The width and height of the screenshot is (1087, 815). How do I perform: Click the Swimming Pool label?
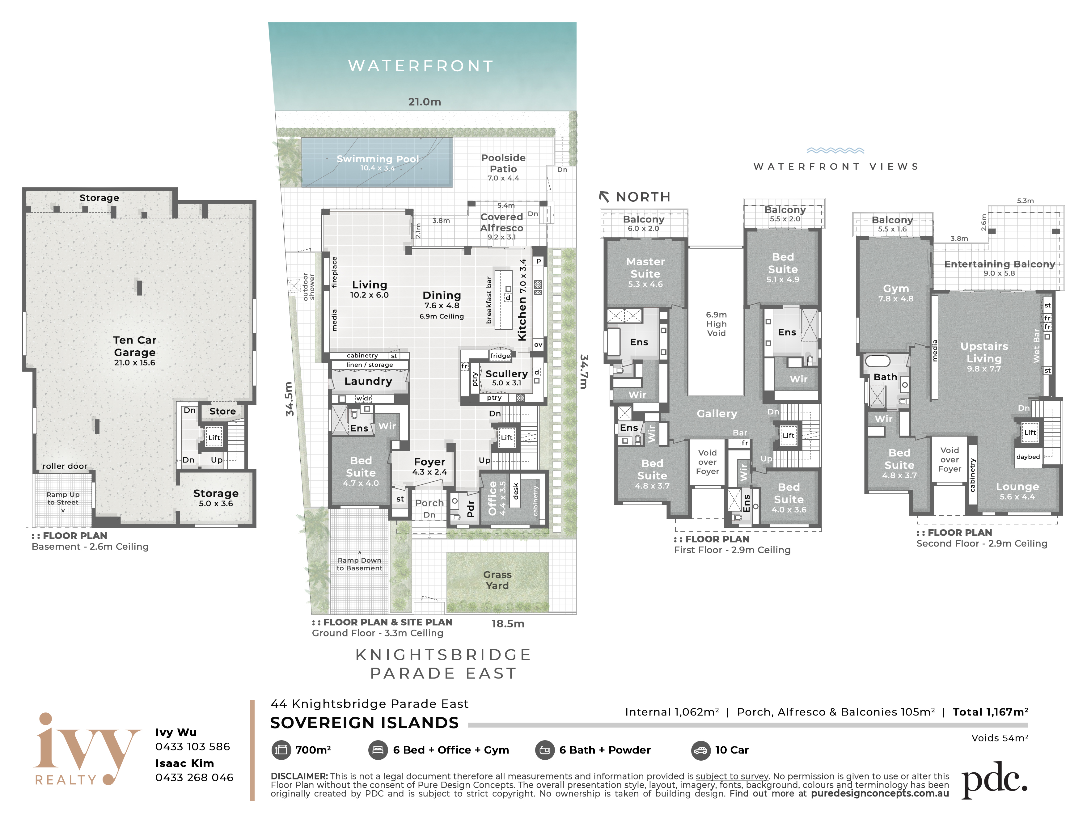pos(377,159)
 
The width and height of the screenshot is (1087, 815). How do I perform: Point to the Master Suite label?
pos(645,268)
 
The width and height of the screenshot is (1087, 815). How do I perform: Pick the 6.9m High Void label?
pos(716,324)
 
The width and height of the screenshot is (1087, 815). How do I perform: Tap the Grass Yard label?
pos(497,580)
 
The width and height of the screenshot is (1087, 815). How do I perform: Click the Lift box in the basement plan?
pos(214,437)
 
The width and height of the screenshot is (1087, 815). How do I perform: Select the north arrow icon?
pos(604,196)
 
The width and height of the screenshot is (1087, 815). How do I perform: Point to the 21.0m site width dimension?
pos(425,102)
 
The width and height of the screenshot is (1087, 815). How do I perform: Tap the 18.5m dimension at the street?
pos(508,623)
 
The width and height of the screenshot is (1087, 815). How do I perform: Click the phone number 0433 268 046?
pos(194,777)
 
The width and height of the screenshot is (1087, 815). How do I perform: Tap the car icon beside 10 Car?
pos(700,750)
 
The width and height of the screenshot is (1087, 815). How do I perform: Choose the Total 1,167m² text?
pos(990,712)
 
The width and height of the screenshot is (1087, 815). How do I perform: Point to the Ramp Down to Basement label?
pos(359,564)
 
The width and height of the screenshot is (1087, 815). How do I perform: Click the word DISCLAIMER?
pos(299,776)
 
